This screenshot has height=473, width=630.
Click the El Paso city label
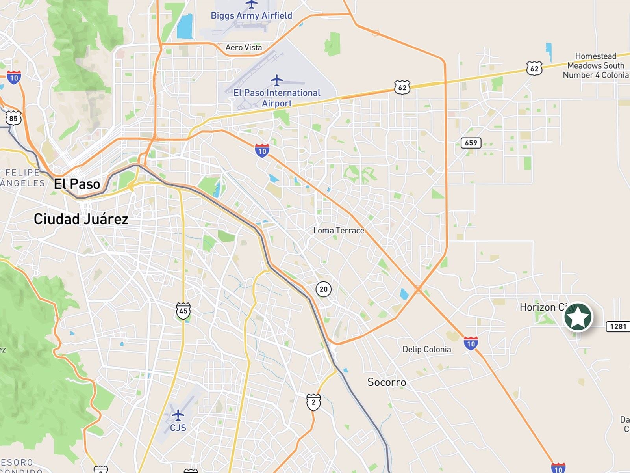click(x=77, y=184)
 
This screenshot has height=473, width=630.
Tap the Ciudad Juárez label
click(x=81, y=219)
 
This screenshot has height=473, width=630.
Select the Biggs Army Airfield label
click(x=251, y=16)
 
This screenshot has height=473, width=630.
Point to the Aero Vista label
click(x=243, y=48)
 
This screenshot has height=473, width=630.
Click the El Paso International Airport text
click(x=277, y=98)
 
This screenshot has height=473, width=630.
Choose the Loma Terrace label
click(x=339, y=231)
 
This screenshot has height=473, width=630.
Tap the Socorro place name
click(x=386, y=382)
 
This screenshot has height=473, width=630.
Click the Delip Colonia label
click(x=426, y=349)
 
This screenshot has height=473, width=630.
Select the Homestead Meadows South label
click(x=595, y=65)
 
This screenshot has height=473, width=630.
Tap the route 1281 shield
click(x=618, y=326)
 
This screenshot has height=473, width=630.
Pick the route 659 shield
click(x=471, y=143)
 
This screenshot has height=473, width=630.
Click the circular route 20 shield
click(x=323, y=289)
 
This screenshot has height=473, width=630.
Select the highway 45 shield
click(x=183, y=311)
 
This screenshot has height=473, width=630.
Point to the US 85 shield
click(x=13, y=118)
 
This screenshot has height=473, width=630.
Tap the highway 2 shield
click(x=313, y=402)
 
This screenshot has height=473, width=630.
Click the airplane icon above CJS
click(x=178, y=415)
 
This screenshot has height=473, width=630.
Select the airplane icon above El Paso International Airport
click(x=277, y=80)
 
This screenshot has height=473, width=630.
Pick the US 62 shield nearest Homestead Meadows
click(x=534, y=69)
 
